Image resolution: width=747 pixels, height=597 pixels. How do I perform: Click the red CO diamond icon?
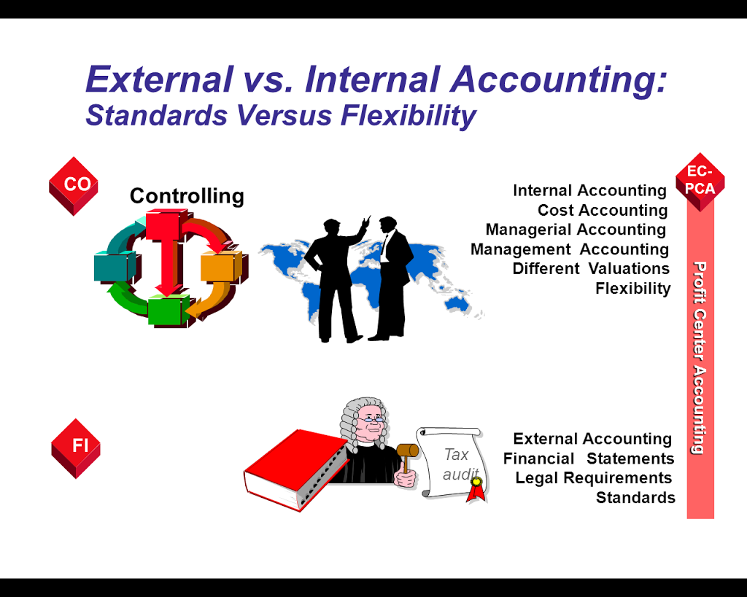[74, 186]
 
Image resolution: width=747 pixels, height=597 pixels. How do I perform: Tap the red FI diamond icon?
[76, 448]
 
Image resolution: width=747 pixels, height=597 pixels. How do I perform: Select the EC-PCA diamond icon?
[700, 182]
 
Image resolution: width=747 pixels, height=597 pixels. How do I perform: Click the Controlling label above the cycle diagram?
[187, 195]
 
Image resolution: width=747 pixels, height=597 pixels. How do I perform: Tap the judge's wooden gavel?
[407, 456]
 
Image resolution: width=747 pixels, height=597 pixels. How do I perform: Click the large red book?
[296, 469]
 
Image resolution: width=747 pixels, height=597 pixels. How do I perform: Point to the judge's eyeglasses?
[371, 419]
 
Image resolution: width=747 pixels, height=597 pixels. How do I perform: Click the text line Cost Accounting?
[603, 210]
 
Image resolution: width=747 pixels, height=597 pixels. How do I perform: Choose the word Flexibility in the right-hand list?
[633, 288]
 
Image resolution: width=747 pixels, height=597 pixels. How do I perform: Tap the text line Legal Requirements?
[594, 477]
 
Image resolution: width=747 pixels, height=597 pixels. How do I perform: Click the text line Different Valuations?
[591, 268]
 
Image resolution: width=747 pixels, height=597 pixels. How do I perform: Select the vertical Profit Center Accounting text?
[700, 357]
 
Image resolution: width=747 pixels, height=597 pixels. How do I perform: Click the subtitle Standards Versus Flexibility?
[281, 115]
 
